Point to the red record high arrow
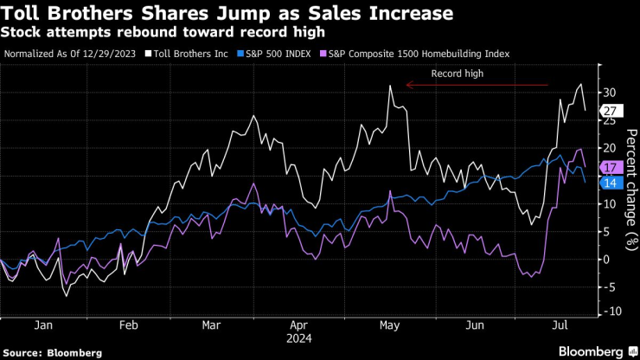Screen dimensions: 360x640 [x=476, y=85]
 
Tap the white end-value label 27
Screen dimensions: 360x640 [x=609, y=110]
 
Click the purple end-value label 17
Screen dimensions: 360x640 [x=609, y=166]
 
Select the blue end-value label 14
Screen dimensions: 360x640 [x=609, y=183]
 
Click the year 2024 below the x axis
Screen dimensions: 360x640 [x=301, y=337]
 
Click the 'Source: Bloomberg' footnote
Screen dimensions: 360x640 [x=53, y=352]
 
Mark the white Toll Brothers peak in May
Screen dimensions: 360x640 [x=390, y=86]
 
